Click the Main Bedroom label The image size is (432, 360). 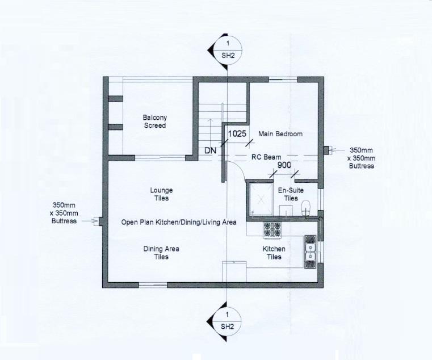point(280,134)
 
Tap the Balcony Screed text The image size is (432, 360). point(154,122)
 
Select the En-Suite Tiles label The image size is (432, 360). point(291,195)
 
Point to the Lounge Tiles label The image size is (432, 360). point(161,194)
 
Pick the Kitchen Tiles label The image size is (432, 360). point(274,253)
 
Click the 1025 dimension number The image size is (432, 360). point(237,134)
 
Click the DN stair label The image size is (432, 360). point(211,152)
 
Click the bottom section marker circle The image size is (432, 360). point(228,321)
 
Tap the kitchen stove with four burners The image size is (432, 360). point(272,229)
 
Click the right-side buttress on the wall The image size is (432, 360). point(326,150)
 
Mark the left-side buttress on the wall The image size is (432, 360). point(100,221)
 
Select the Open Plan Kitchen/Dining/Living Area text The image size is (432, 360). point(179,223)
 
